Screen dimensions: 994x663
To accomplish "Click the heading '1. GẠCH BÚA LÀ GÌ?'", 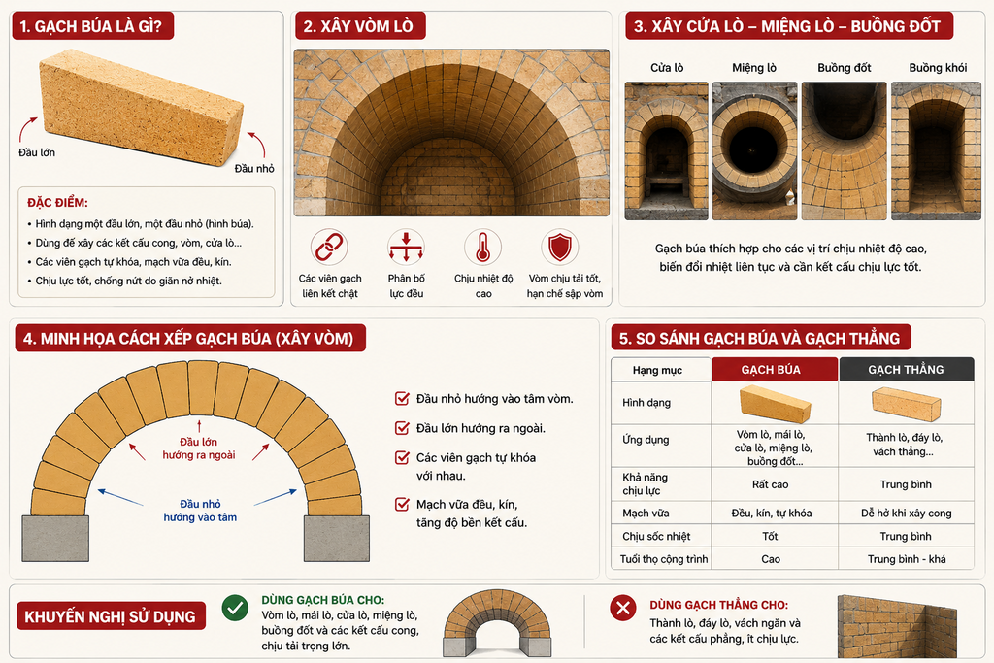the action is pos(91,26).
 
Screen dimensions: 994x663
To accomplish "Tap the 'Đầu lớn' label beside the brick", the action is pos(37,152).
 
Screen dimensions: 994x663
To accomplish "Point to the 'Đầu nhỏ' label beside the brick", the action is pos(254,168).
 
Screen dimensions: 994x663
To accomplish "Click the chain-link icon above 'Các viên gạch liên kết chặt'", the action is pos(329,248).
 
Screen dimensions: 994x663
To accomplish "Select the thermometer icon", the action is pos(482,248).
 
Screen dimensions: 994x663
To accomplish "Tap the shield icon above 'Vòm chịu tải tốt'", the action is pos(560,248).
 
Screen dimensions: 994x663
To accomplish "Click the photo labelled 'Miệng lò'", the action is pos(754,150).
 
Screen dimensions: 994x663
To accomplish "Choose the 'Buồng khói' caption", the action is pos(938,68).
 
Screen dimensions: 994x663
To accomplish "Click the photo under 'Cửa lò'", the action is pos(666,150).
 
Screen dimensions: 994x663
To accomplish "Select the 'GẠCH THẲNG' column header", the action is pos(906,370).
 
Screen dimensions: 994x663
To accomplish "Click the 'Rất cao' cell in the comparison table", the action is pos(770,484).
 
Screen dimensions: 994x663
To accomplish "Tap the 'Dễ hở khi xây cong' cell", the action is pos(906,513).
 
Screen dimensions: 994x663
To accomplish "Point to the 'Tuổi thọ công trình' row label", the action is pos(664,559).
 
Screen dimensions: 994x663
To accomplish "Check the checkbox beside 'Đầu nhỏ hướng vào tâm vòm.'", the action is pos(402,399).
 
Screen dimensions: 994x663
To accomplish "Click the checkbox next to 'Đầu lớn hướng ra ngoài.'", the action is pos(402,428).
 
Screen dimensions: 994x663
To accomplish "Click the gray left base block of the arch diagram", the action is pos(55,538).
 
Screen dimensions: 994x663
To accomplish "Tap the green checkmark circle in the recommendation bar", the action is pos(235,608).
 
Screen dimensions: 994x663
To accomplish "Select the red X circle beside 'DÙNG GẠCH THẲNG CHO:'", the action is pos(623,608).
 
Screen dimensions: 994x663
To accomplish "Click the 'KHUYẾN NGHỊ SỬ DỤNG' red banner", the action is pos(111,616).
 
